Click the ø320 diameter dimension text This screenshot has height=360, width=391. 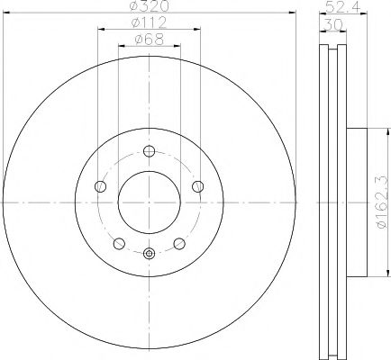tap(149, 6)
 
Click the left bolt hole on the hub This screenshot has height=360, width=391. tap(101, 186)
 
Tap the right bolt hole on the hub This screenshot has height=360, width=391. tap(197, 186)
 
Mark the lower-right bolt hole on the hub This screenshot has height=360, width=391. tap(179, 243)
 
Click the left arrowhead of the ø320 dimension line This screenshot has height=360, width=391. tap(7, 13)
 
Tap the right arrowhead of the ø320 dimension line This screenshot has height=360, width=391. tap(293, 13)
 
